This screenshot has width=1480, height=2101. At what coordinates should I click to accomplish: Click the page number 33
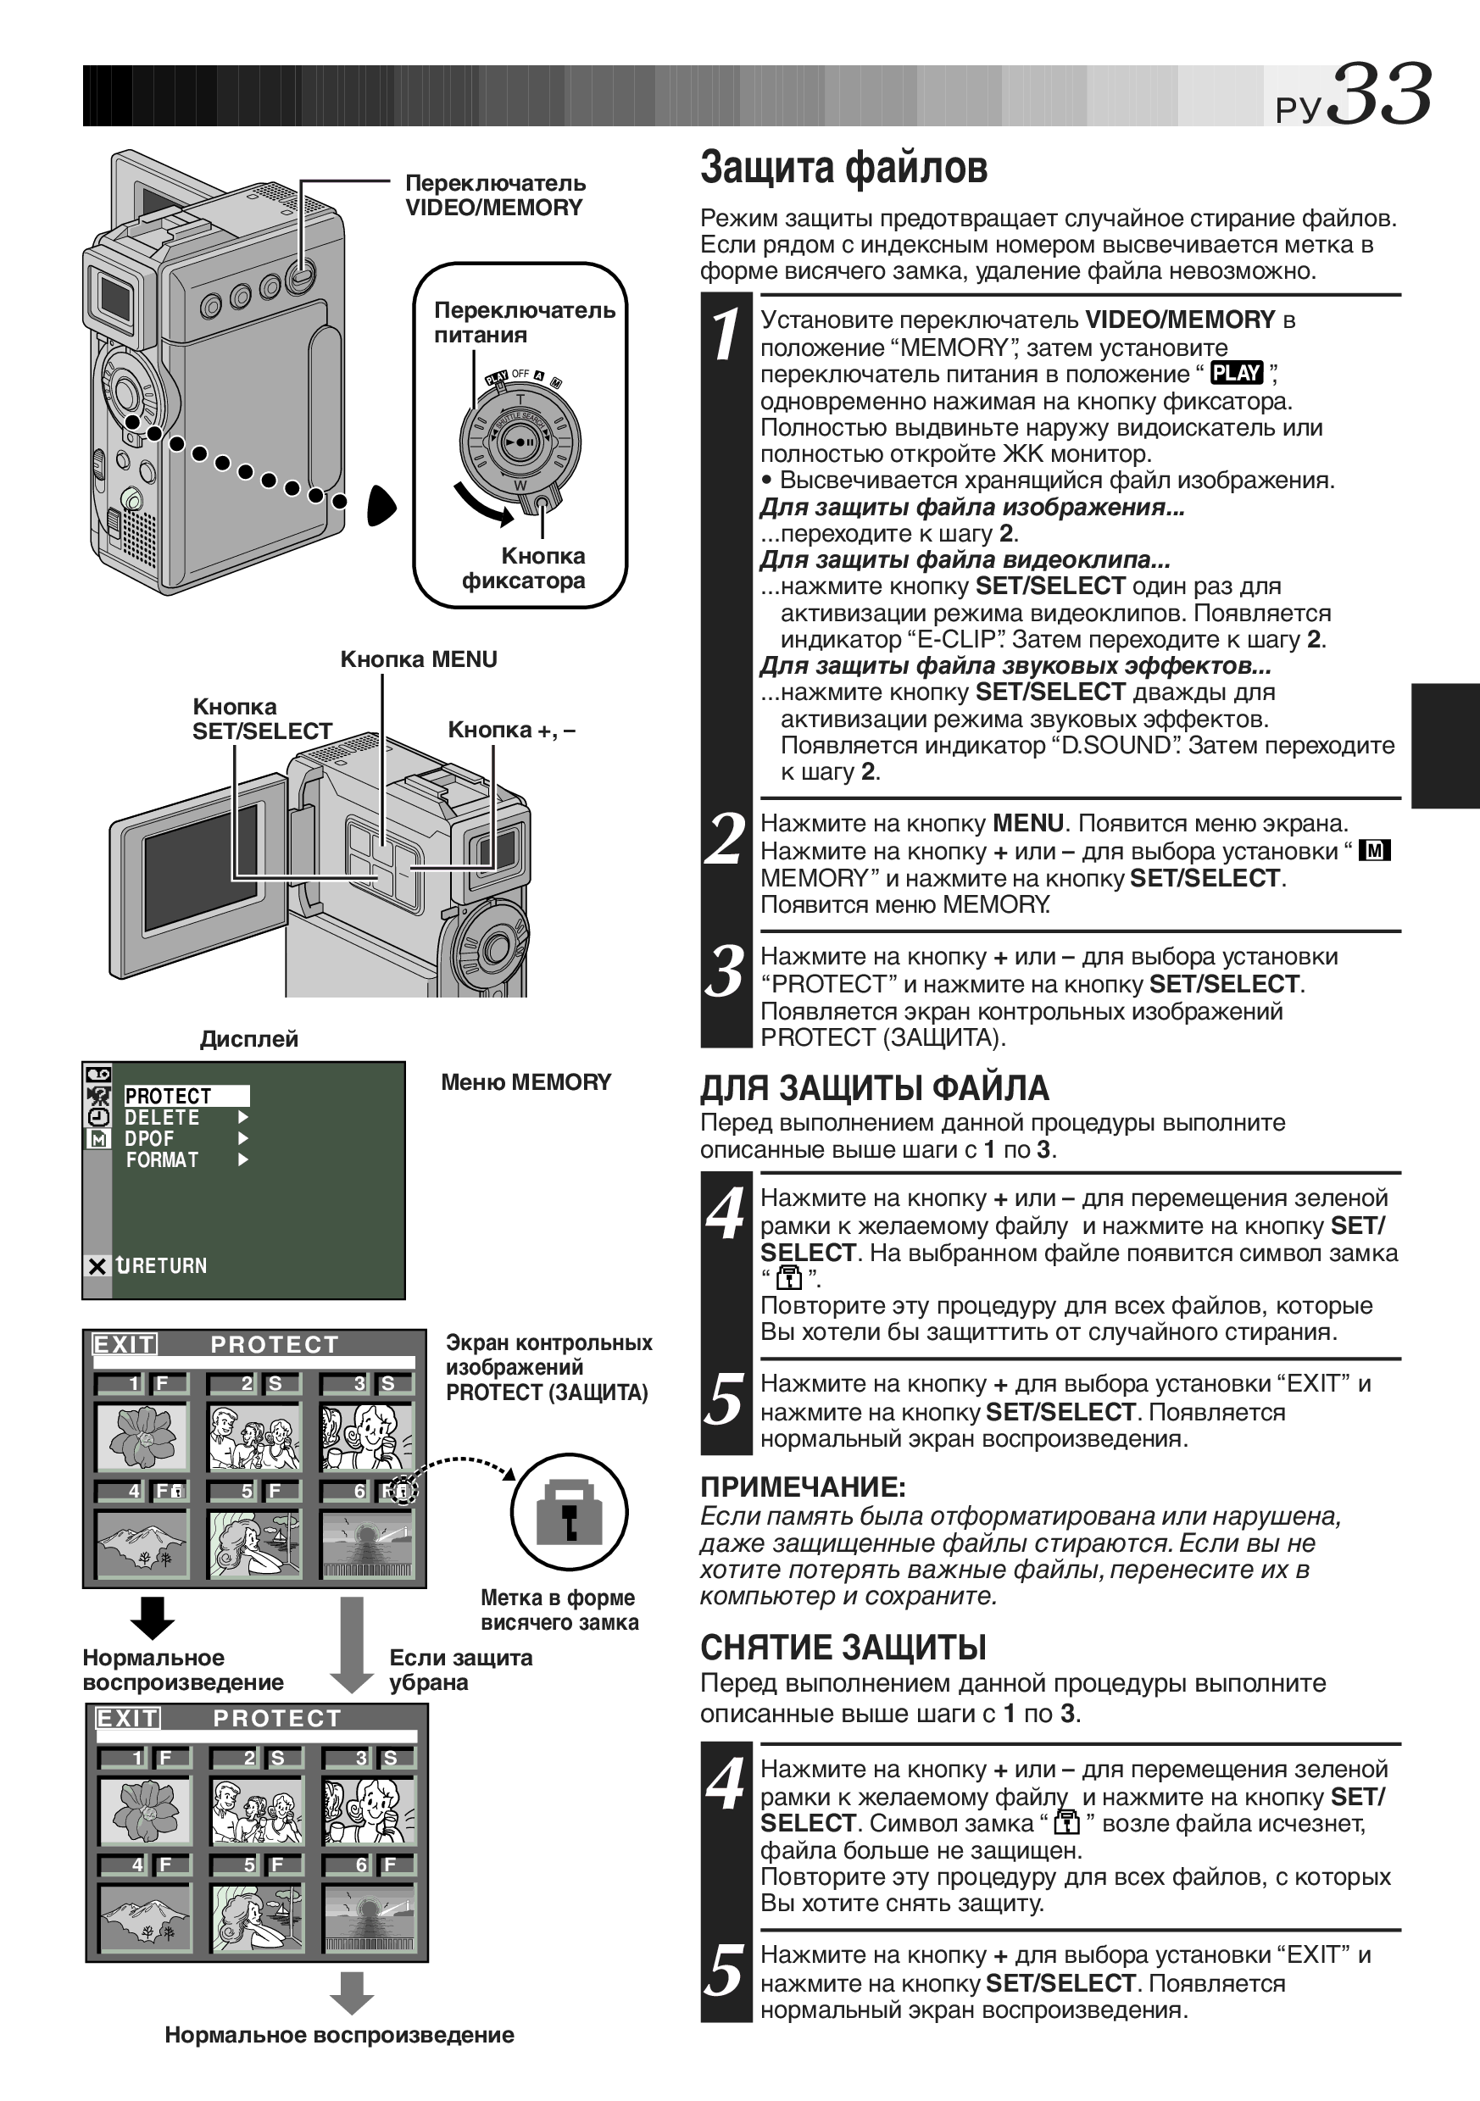tap(1378, 94)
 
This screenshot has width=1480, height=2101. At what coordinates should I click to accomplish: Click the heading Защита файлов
tap(844, 169)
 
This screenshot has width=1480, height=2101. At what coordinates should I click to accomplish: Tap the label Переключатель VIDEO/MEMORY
tap(495, 195)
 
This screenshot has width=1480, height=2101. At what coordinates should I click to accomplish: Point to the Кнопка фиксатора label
tap(524, 568)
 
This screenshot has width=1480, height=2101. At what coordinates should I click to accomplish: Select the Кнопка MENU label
tap(418, 659)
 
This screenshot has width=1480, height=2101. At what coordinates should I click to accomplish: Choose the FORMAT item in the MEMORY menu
tap(162, 1160)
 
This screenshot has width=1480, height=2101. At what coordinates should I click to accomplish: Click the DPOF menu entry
tap(149, 1139)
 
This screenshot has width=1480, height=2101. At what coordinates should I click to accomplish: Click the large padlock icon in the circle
tap(569, 1513)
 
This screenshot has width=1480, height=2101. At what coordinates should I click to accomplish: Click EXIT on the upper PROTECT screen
tap(125, 1344)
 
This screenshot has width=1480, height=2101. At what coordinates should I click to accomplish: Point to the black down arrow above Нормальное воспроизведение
tap(152, 1619)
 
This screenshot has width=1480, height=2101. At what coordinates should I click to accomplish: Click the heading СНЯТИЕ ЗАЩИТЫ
tap(843, 1648)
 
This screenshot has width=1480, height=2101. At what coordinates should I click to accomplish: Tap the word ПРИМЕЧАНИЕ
tap(803, 1487)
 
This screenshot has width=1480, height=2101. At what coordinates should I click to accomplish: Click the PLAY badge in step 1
tap(1237, 374)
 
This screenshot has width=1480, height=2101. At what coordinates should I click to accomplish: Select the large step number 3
tap(726, 972)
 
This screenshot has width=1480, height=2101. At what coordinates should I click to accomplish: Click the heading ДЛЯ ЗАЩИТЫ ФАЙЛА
tap(874, 1089)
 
